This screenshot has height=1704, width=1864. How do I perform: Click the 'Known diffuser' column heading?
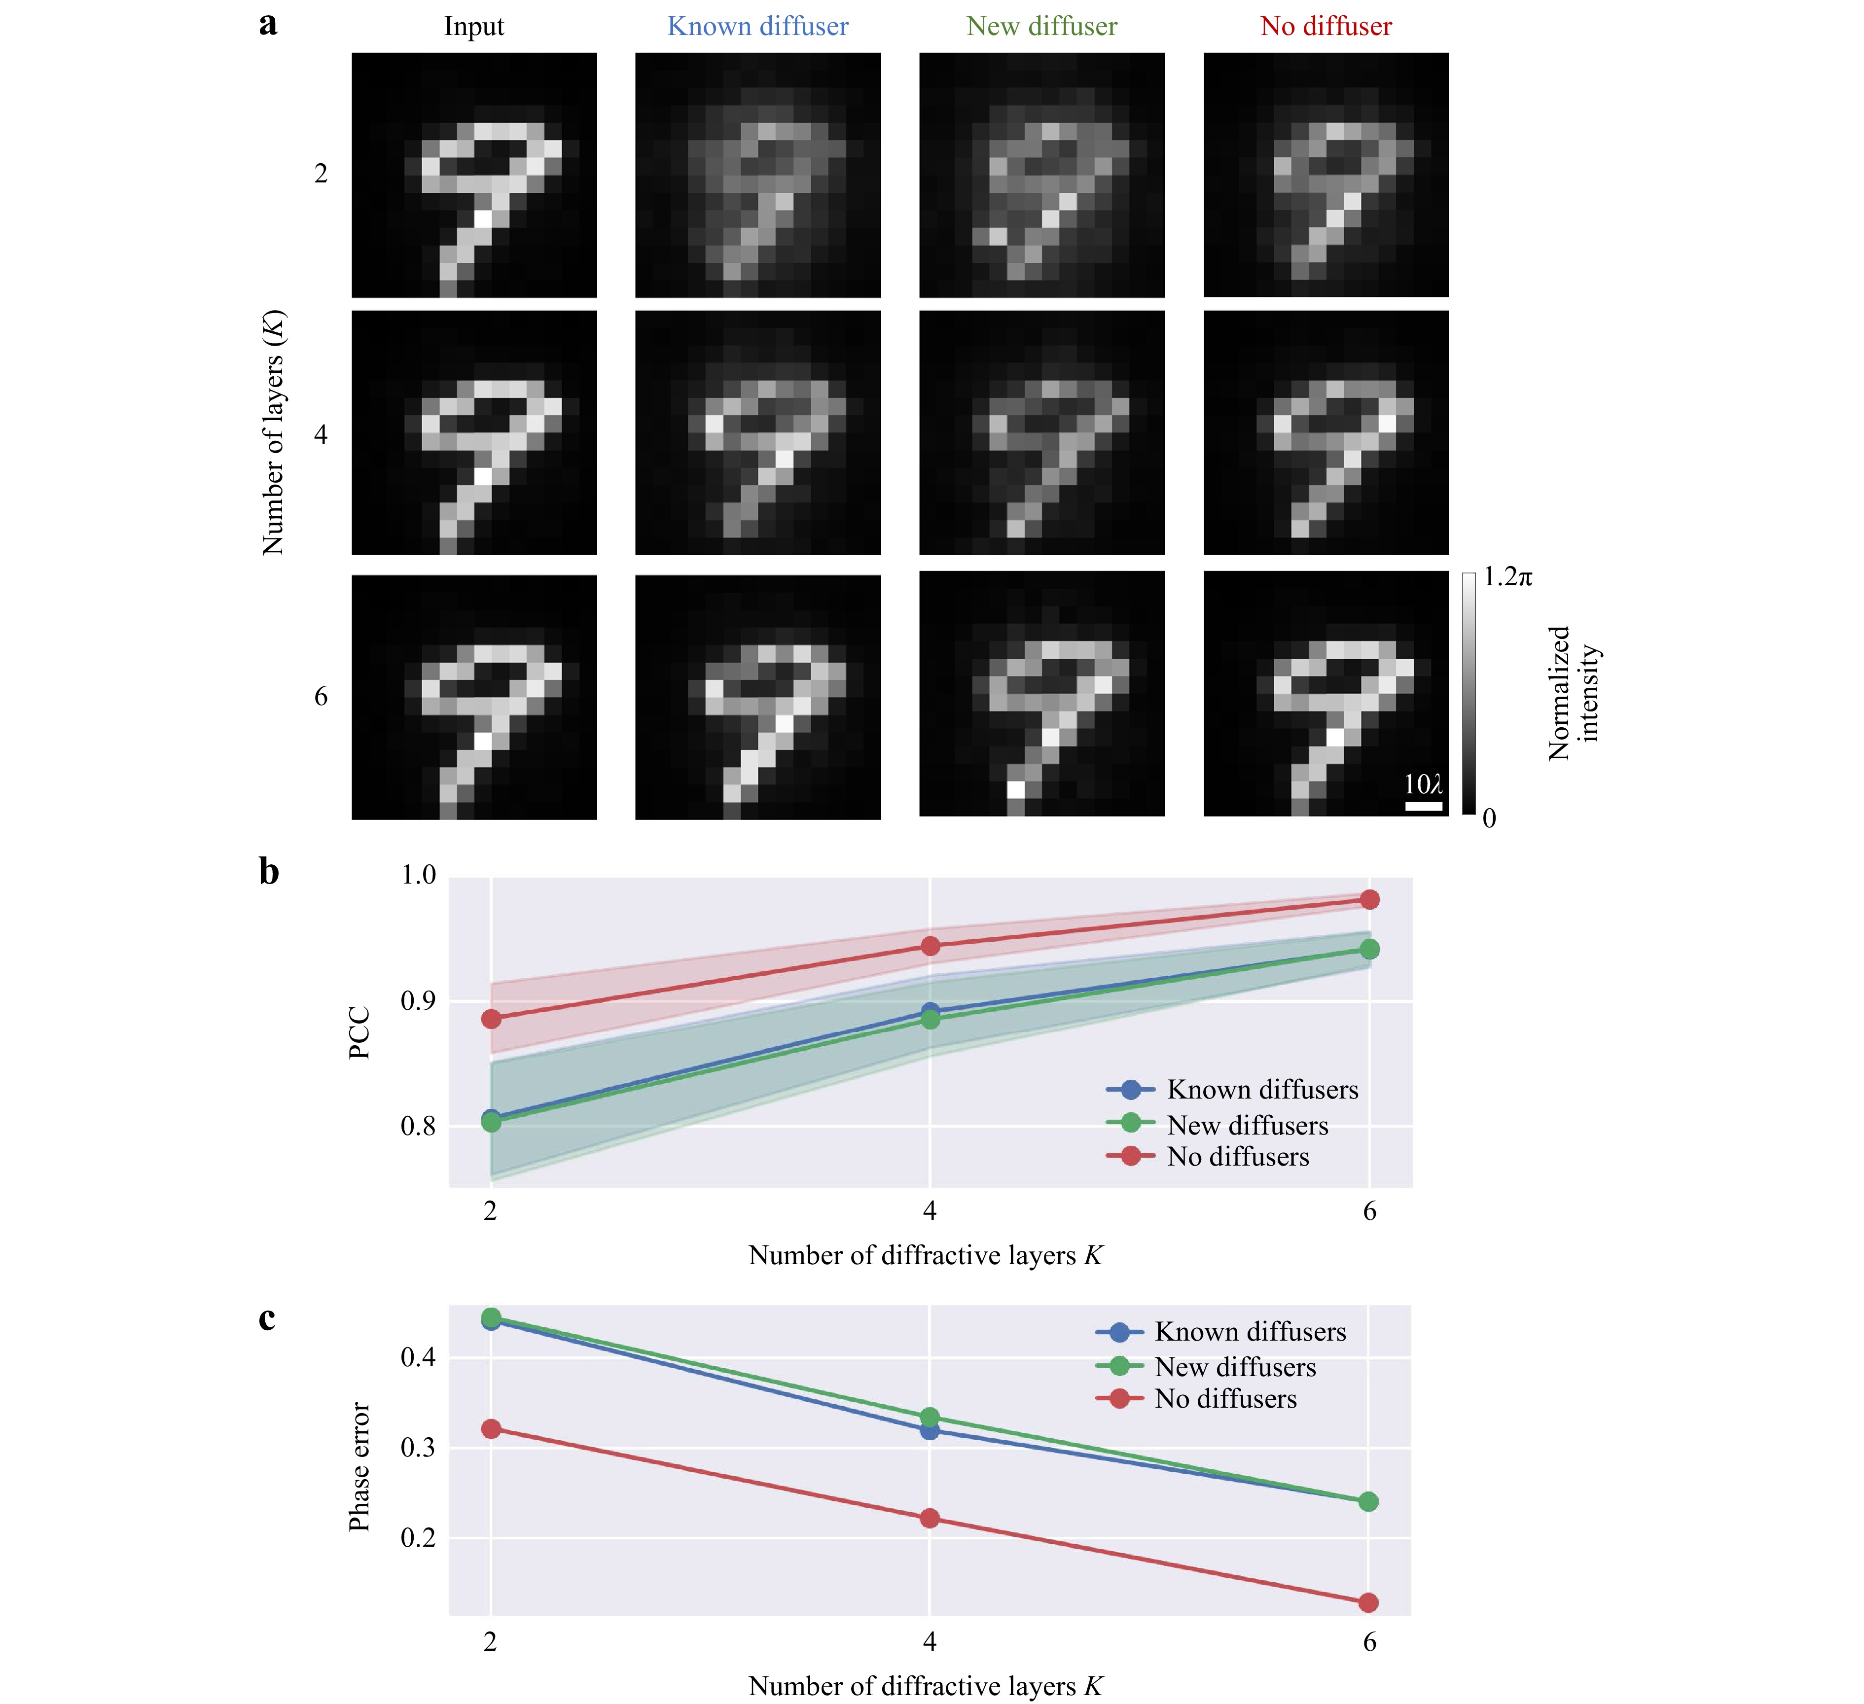point(757,26)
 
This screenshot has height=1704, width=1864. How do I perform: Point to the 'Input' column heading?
point(473,26)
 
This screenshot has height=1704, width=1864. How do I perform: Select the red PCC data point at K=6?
point(1369,900)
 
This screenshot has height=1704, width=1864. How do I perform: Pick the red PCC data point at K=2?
point(491,1019)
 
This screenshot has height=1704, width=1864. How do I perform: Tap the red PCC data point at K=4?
point(930,946)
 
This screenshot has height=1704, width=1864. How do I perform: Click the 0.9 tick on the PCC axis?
point(418,1001)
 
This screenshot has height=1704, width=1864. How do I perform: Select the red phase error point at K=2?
point(491,1429)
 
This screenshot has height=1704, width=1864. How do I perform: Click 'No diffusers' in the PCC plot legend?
point(1237,1157)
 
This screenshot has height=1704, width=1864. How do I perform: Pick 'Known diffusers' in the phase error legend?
point(1249,1332)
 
